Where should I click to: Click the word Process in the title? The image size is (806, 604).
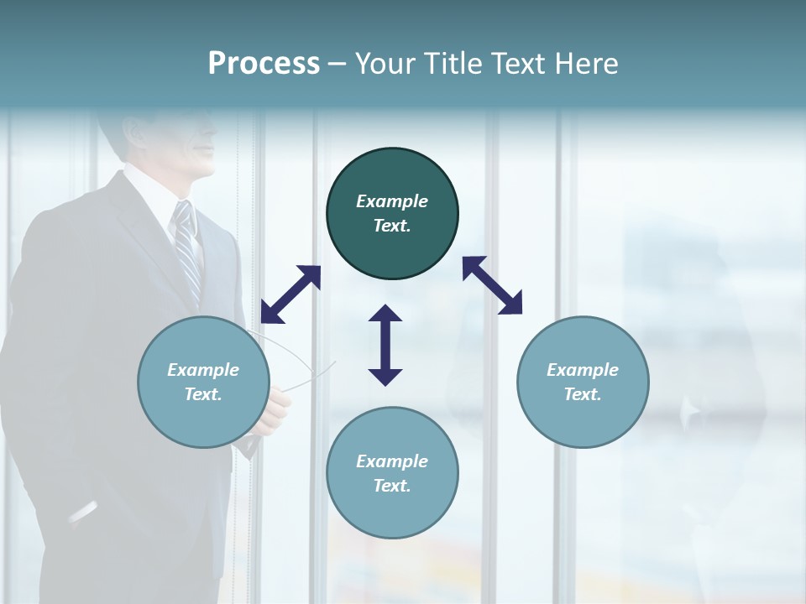[x=264, y=64]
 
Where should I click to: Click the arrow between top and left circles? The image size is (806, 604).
[x=290, y=294]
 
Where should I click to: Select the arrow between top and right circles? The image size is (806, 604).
[x=492, y=285]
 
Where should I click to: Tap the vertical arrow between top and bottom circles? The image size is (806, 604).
[x=385, y=345]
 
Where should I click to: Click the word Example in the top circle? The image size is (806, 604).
[x=392, y=201]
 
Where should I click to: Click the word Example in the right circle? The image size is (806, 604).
[x=583, y=370]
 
